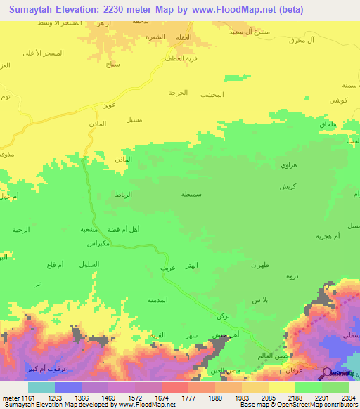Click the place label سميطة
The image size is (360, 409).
(194, 193)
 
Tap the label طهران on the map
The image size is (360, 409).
(261, 265)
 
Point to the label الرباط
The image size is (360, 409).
(124, 194)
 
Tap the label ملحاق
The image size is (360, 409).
(328, 124)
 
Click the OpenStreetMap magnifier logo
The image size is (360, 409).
(328, 372)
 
